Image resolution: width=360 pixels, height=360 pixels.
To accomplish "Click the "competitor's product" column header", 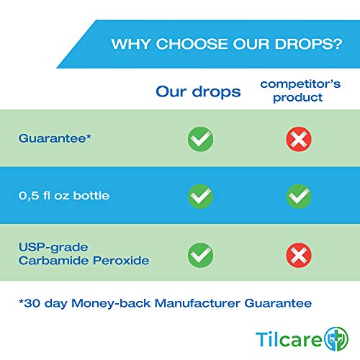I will point(292,91).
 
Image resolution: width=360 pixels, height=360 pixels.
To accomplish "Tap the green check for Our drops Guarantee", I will point(201,139).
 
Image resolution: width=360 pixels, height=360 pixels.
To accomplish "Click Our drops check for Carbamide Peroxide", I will point(201,253).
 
